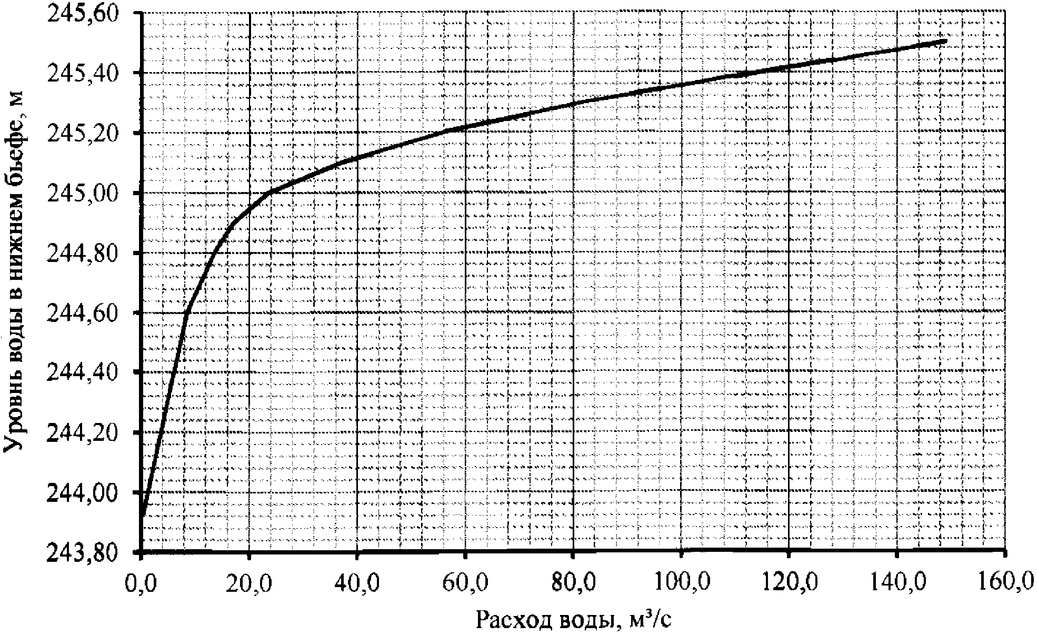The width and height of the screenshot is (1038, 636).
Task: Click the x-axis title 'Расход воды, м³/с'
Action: pos(574,620)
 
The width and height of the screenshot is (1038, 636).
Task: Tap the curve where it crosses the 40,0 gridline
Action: pos(357,157)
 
